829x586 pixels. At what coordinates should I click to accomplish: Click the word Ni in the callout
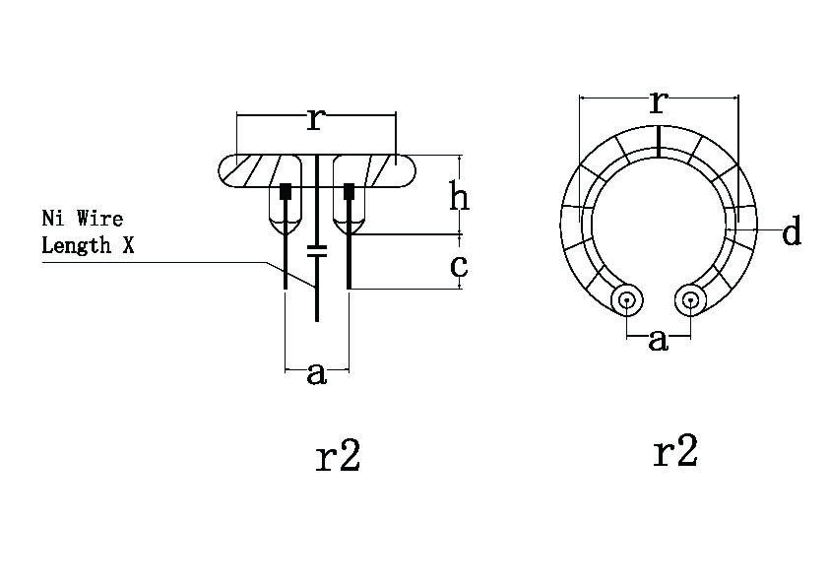point(53,218)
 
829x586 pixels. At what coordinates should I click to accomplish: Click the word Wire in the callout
point(99,218)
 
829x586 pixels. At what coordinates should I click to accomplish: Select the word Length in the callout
point(77,245)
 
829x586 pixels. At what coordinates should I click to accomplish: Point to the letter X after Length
point(128,245)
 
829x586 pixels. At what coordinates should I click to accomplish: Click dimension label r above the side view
point(315,119)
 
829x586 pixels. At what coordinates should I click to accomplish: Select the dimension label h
point(459,195)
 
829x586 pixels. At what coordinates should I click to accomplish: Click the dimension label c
point(459,266)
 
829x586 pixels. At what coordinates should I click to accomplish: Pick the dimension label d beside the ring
point(792,230)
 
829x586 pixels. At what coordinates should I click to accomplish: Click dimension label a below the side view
point(316,374)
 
